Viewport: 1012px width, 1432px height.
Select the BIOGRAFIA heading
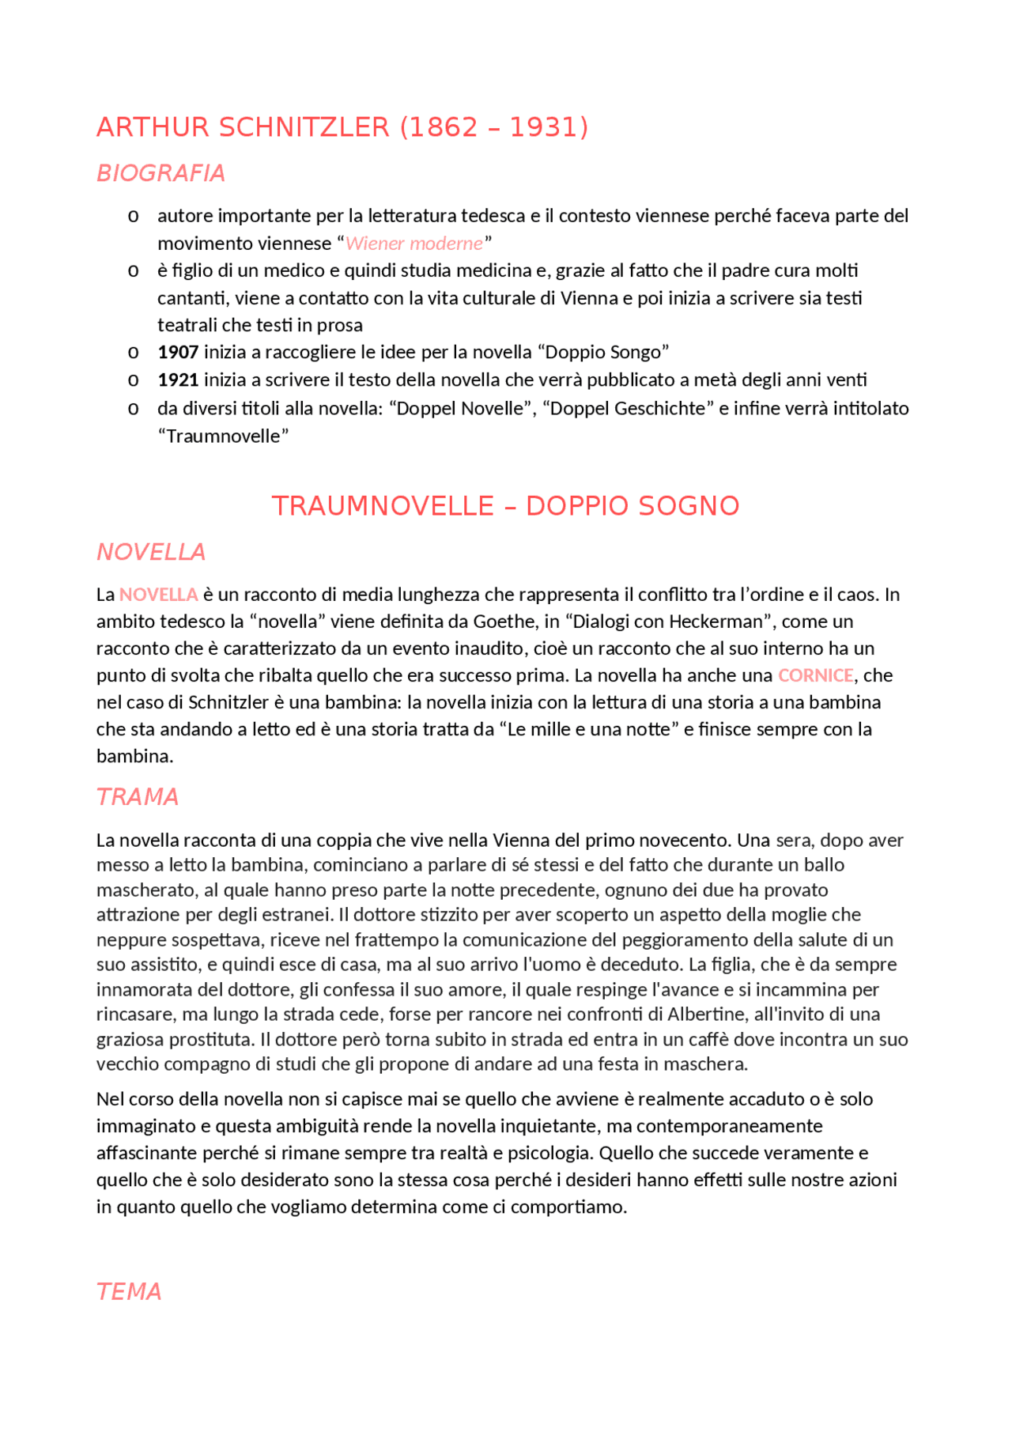click(160, 173)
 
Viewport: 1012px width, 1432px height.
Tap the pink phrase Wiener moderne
click(414, 243)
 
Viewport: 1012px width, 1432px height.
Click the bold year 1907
click(178, 352)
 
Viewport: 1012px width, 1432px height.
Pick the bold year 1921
click(178, 380)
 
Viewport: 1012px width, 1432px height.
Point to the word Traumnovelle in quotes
click(224, 436)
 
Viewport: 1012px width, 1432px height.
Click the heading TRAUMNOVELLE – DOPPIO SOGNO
click(505, 506)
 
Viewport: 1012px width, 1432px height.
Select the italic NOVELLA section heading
click(150, 552)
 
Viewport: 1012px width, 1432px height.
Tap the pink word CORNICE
click(815, 675)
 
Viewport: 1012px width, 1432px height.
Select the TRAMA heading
click(138, 797)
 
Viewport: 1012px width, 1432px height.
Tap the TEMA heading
click(129, 1292)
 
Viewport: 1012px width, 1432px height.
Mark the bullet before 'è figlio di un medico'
click(134, 271)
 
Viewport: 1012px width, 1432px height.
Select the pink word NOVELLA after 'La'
click(158, 595)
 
